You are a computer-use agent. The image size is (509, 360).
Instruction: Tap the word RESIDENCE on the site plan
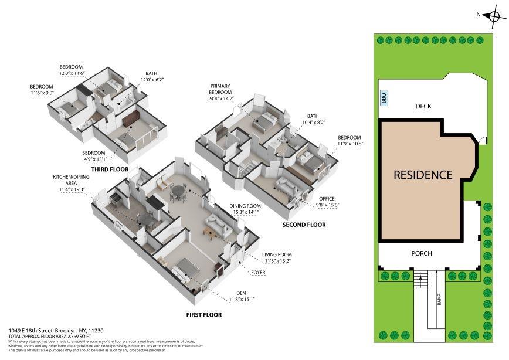coord(423,175)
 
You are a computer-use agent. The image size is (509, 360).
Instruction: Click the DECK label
coord(423,106)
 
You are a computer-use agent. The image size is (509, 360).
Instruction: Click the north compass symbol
coord(491,16)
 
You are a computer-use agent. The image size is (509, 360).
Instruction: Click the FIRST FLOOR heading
coord(203,315)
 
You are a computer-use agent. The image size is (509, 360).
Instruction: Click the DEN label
coord(240,293)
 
